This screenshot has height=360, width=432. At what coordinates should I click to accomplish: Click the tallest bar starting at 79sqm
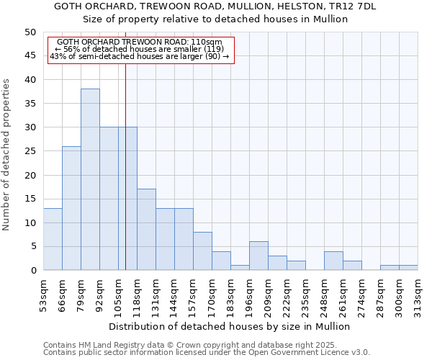click(x=90, y=179)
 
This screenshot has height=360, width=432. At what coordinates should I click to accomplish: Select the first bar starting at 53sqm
click(x=53, y=239)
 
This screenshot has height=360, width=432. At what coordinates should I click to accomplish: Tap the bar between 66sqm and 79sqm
click(x=71, y=208)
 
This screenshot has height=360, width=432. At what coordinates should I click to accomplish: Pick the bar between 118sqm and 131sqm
click(x=146, y=230)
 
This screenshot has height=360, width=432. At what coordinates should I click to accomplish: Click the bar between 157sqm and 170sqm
click(x=202, y=251)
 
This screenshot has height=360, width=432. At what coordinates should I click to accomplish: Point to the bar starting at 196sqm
click(x=258, y=256)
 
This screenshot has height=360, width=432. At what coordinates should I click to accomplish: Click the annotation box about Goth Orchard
click(x=141, y=50)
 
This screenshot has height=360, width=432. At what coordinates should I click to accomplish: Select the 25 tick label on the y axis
click(x=30, y=151)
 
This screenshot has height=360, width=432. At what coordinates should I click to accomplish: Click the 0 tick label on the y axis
click(x=32, y=271)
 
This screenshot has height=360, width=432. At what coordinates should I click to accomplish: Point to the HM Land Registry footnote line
click(x=190, y=345)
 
